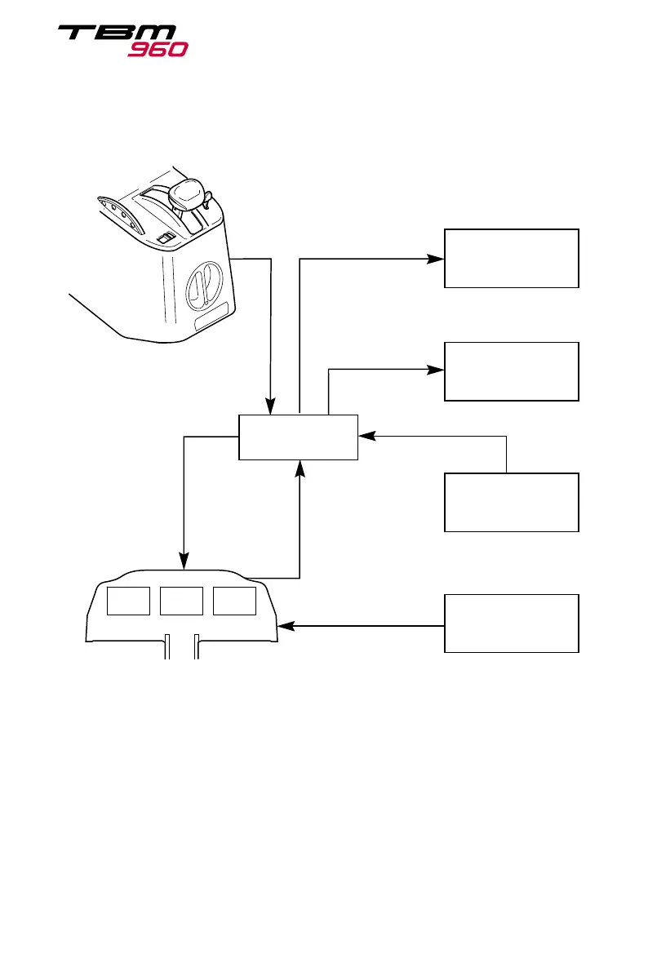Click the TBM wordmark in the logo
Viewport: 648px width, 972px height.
[116, 34]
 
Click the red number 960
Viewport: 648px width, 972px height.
[158, 49]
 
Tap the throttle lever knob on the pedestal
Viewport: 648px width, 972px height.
[188, 194]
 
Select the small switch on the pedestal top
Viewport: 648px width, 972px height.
[164, 237]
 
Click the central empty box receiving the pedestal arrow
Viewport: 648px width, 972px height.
[298, 437]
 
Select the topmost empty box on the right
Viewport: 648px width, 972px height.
[511, 258]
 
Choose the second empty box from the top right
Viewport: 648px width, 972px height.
[511, 371]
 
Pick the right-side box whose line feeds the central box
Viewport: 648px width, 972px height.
[511, 502]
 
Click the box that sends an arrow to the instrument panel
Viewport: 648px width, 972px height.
[511, 624]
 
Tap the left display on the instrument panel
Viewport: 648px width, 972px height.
[129, 601]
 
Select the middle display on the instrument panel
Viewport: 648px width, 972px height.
[181, 601]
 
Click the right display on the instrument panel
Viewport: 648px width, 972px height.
[233, 601]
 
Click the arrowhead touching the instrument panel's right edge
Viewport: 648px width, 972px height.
[285, 627]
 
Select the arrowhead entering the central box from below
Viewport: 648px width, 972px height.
[301, 467]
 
